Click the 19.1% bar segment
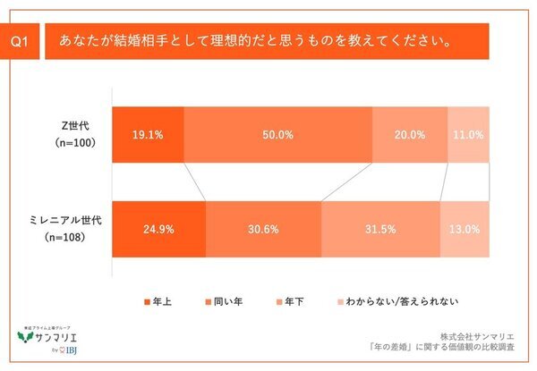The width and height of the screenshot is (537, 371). (149, 135)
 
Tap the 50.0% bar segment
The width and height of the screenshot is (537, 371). (277, 135)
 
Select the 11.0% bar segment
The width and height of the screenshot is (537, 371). (467, 135)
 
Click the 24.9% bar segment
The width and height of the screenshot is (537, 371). (159, 229)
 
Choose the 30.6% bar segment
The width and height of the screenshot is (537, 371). (263, 229)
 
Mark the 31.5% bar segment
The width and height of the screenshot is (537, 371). (380, 229)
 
